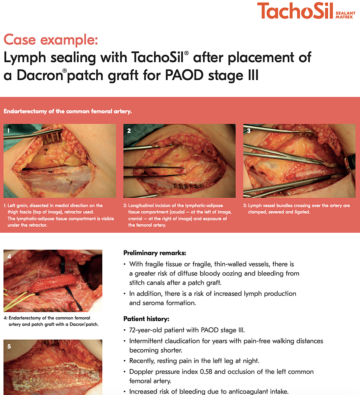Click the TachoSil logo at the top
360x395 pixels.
306,11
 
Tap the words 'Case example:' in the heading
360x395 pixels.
51,40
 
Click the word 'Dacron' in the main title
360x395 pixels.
40,75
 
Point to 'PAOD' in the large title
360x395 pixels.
184,75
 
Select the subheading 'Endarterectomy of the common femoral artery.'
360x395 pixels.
68,111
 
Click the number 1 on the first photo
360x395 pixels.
8,131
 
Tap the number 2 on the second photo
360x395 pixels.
129,131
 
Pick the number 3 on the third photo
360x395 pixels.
249,131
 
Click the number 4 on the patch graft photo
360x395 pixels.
9,257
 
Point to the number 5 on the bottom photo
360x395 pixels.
9,346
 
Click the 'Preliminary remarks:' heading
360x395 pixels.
155,253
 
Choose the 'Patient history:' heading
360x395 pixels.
146,319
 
